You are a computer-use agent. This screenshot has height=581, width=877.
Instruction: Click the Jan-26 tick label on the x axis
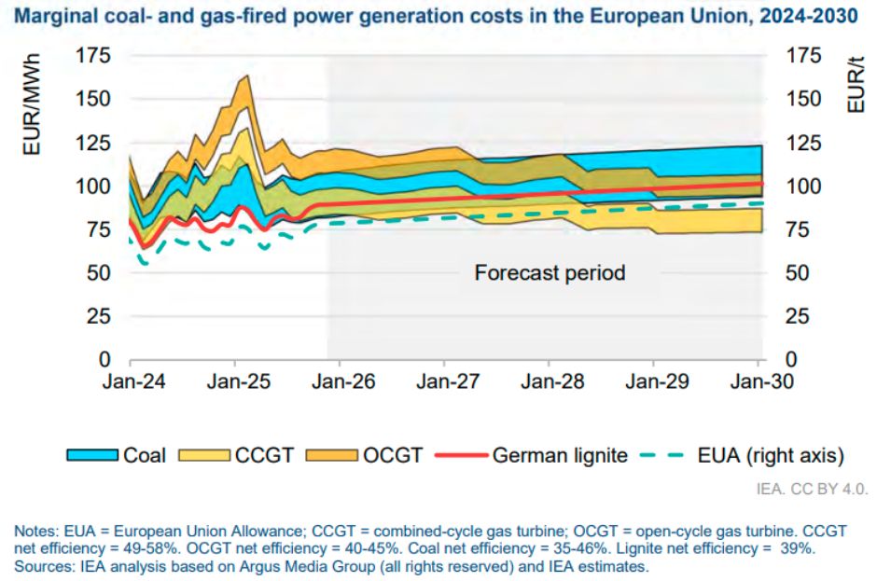tap(340, 382)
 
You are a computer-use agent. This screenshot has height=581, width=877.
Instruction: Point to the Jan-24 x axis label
tap(130, 382)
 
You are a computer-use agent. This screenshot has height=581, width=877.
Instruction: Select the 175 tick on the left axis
tap(95, 57)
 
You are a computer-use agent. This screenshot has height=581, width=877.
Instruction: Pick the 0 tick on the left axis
tap(105, 360)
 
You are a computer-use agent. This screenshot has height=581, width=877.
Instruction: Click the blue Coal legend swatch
tap(92, 455)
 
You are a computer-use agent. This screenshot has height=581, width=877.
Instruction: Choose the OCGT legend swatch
tap(331, 455)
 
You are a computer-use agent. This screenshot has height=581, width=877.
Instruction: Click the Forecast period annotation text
tap(550, 273)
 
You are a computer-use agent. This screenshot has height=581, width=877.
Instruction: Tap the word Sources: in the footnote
tap(43, 566)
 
